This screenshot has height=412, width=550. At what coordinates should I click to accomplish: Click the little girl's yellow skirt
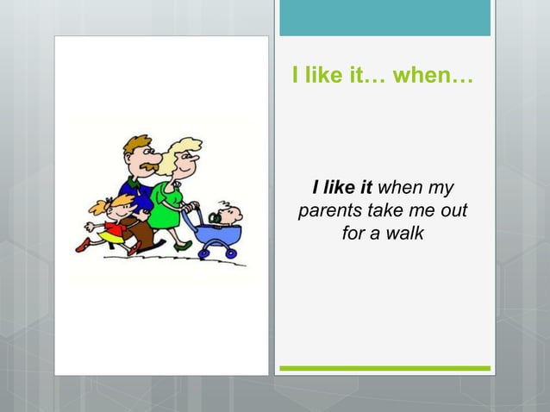pos(112,234)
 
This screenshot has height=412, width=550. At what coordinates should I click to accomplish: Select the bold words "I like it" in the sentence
pos(342,187)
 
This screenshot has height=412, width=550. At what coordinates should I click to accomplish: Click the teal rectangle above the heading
pos(384,18)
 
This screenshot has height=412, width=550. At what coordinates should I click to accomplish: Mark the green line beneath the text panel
pos(384,368)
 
